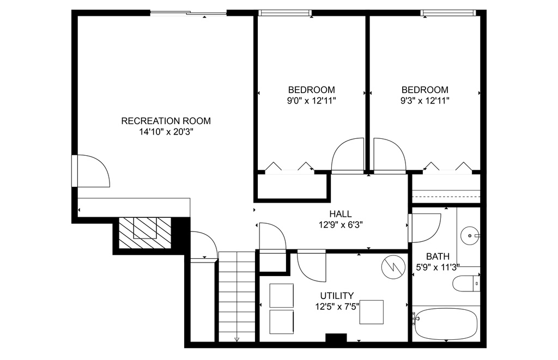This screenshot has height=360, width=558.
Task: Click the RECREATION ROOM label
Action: [x=166, y=121]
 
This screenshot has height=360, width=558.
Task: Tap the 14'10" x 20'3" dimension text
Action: [x=166, y=132]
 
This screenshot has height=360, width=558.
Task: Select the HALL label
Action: [x=341, y=214]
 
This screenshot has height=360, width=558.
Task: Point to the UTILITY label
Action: [x=337, y=296]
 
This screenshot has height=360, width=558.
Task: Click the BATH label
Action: [x=438, y=256]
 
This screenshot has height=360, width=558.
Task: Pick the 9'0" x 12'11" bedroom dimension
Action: [x=311, y=101]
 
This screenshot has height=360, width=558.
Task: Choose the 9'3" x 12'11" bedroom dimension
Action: [x=425, y=101]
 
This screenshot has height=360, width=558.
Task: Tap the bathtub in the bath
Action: [x=446, y=324]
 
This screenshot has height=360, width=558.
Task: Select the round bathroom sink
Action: [x=470, y=235]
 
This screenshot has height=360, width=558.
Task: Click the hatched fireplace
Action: [x=144, y=233]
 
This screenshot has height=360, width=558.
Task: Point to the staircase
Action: [x=236, y=297]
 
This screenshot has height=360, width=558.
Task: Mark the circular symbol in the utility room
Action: [x=393, y=267]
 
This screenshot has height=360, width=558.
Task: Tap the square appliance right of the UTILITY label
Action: [x=371, y=312]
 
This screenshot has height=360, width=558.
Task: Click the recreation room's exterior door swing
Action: [x=93, y=171]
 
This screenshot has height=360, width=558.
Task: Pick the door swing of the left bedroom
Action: [x=347, y=155]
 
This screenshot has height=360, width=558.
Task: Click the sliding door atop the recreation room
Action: [x=188, y=13]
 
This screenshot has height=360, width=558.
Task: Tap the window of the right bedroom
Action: [x=448, y=13]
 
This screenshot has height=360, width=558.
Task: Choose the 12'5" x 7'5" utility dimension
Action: [x=337, y=306]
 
